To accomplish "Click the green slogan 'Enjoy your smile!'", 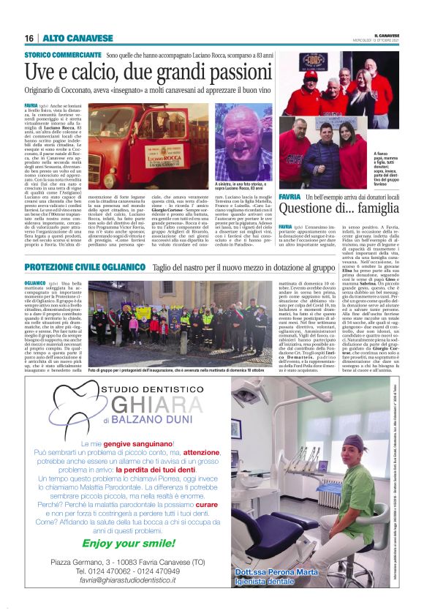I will (x=139, y=544).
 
